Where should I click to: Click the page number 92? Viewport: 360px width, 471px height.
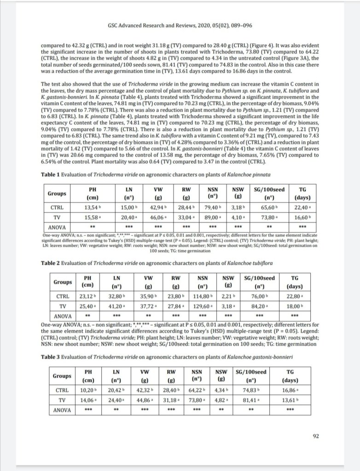coord(315,437)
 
